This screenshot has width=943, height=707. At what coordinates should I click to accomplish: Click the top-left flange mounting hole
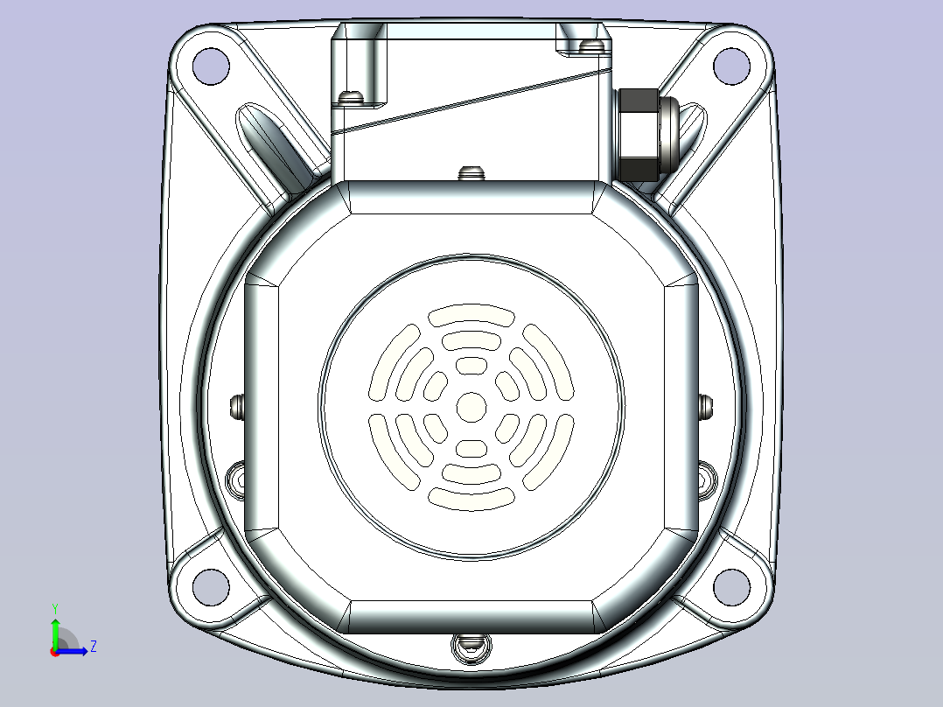point(210,65)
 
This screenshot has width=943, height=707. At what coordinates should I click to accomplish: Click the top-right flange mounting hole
point(731,65)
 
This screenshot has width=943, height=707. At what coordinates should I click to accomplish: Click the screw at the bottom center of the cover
point(471,647)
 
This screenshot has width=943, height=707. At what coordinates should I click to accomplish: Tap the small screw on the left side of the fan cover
point(235,406)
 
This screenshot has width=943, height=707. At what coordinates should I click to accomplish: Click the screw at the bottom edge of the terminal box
point(471,171)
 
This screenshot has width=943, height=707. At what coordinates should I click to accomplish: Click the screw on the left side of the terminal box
point(352,95)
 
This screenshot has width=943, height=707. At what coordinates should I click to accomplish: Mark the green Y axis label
point(54,607)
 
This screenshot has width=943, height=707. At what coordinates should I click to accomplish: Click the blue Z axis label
point(93,647)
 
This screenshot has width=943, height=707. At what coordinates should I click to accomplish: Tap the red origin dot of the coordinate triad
point(54,652)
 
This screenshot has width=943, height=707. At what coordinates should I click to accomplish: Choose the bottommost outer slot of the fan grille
point(471,499)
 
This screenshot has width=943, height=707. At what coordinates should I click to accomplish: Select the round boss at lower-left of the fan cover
point(237,478)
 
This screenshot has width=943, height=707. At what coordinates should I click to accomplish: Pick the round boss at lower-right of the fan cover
point(704,478)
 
